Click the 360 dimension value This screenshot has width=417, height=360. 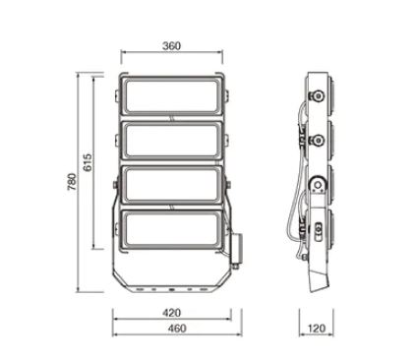click(171, 46)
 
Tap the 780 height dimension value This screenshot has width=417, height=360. click(72, 182)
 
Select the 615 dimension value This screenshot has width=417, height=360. click(88, 162)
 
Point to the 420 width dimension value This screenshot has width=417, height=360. click(171, 313)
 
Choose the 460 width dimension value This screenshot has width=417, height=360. click(177, 329)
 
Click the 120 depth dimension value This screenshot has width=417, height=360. click(317, 329)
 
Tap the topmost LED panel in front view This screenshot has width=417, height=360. click(172, 95)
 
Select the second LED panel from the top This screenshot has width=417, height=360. click(172, 142)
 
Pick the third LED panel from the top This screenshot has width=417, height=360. click(172, 185)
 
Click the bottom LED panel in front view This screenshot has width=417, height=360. click(172, 230)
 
